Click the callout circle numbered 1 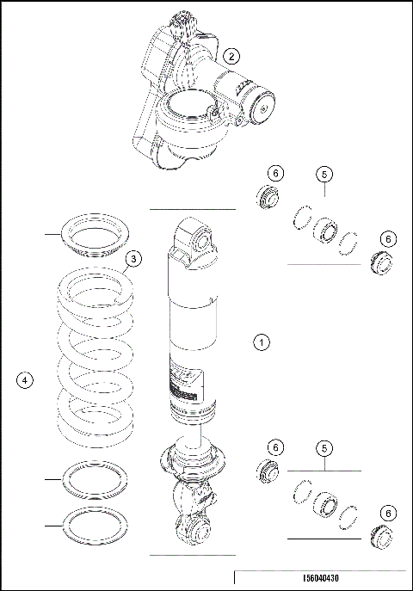click(x=262, y=342)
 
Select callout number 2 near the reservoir click(x=231, y=56)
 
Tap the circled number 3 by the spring click(x=133, y=258)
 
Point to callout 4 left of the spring click(x=25, y=379)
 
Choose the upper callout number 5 click(x=324, y=174)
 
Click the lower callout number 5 click(x=324, y=448)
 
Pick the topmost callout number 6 click(x=274, y=173)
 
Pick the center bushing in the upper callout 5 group click(x=325, y=231)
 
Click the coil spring click(x=94, y=353)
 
